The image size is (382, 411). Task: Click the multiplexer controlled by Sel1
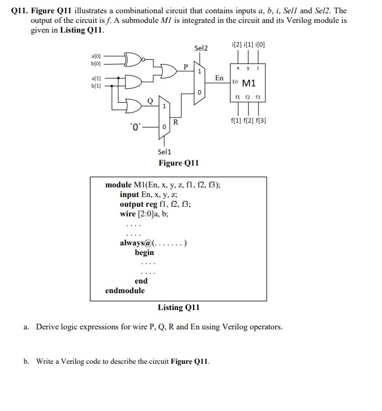tap(163, 118)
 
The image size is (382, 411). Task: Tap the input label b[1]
tap(95, 86)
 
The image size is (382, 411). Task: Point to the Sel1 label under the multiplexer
tap(164, 152)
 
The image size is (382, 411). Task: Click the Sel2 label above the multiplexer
tap(201, 47)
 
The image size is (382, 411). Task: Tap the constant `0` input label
tap(136, 127)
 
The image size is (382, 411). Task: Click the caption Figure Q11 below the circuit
tap(179, 163)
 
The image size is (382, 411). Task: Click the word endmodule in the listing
tap(125, 290)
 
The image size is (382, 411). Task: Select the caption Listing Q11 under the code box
tap(179, 308)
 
